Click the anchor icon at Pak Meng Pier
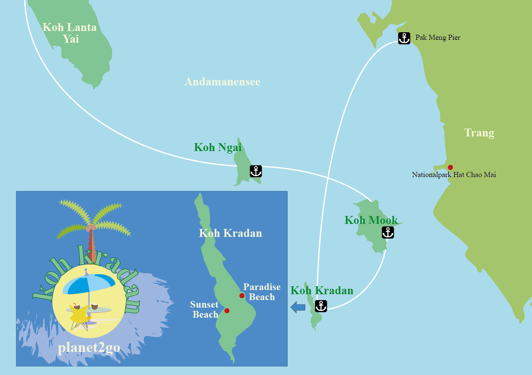pyautogui.click(x=404, y=38)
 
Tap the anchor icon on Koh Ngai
pyautogui.click(x=256, y=171)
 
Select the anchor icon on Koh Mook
pyautogui.click(x=388, y=232)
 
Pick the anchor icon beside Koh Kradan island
pyautogui.click(x=321, y=306)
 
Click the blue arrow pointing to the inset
pyautogui.click(x=298, y=307)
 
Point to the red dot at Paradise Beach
pyautogui.click(x=242, y=296)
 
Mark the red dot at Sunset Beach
pyautogui.click(x=227, y=311)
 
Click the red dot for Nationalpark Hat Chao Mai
pyautogui.click(x=450, y=167)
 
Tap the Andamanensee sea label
pyautogui.click(x=222, y=82)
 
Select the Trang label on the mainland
pyautogui.click(x=479, y=133)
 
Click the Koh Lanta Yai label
pyautogui.click(x=70, y=33)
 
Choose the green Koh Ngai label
pyautogui.click(x=217, y=147)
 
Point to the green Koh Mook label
pyautogui.click(x=371, y=220)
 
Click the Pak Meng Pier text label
pyautogui.click(x=437, y=38)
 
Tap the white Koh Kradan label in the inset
pyautogui.click(x=230, y=233)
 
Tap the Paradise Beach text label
pyautogui.click(x=262, y=292)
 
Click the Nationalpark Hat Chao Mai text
pyautogui.click(x=454, y=175)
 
